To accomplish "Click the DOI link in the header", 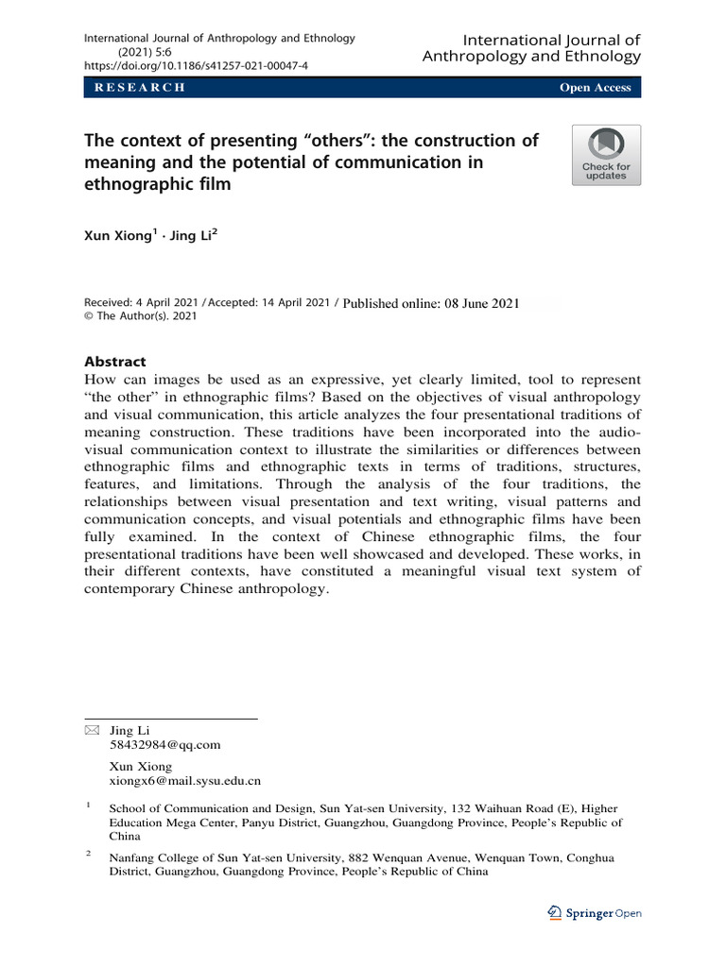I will click(196, 66).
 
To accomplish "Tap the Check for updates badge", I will click(606, 155).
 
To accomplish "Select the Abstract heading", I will click(115, 361).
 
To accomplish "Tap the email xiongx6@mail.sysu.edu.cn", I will click(185, 781).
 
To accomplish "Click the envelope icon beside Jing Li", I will click(91, 730).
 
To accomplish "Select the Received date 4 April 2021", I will click(143, 303).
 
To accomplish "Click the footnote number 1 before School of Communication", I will click(88, 806).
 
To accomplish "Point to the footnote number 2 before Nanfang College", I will click(88, 855).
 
